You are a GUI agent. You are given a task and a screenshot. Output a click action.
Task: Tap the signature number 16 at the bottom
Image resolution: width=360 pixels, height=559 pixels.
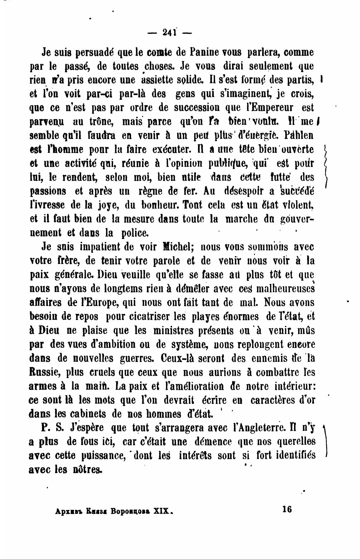pos(287,509)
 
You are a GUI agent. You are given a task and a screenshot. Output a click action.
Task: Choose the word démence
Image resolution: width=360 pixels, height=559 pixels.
pos(213,442)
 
